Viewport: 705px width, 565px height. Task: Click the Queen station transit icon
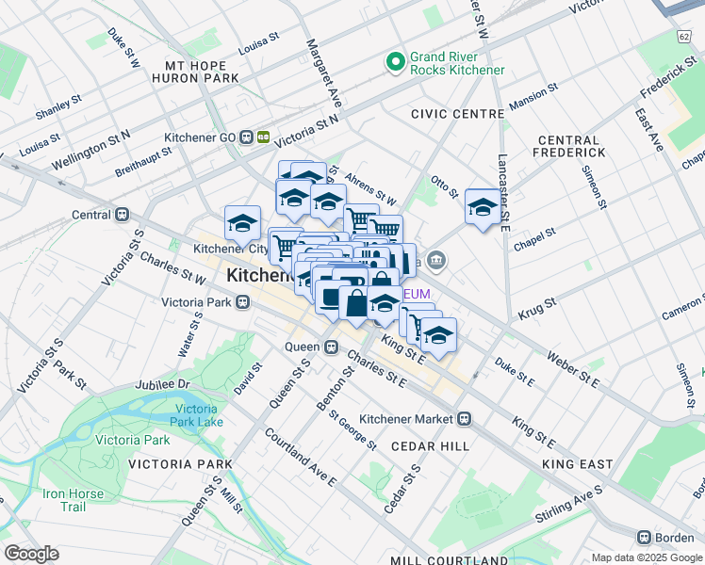click(x=331, y=347)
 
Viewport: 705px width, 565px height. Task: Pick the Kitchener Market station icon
click(x=465, y=418)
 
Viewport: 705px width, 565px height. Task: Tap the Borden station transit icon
click(x=644, y=537)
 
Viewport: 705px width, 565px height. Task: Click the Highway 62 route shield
click(x=682, y=36)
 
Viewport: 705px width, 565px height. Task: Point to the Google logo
click(x=30, y=554)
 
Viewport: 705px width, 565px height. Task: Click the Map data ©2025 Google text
click(x=648, y=557)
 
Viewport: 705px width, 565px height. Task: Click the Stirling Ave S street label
click(x=572, y=505)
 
